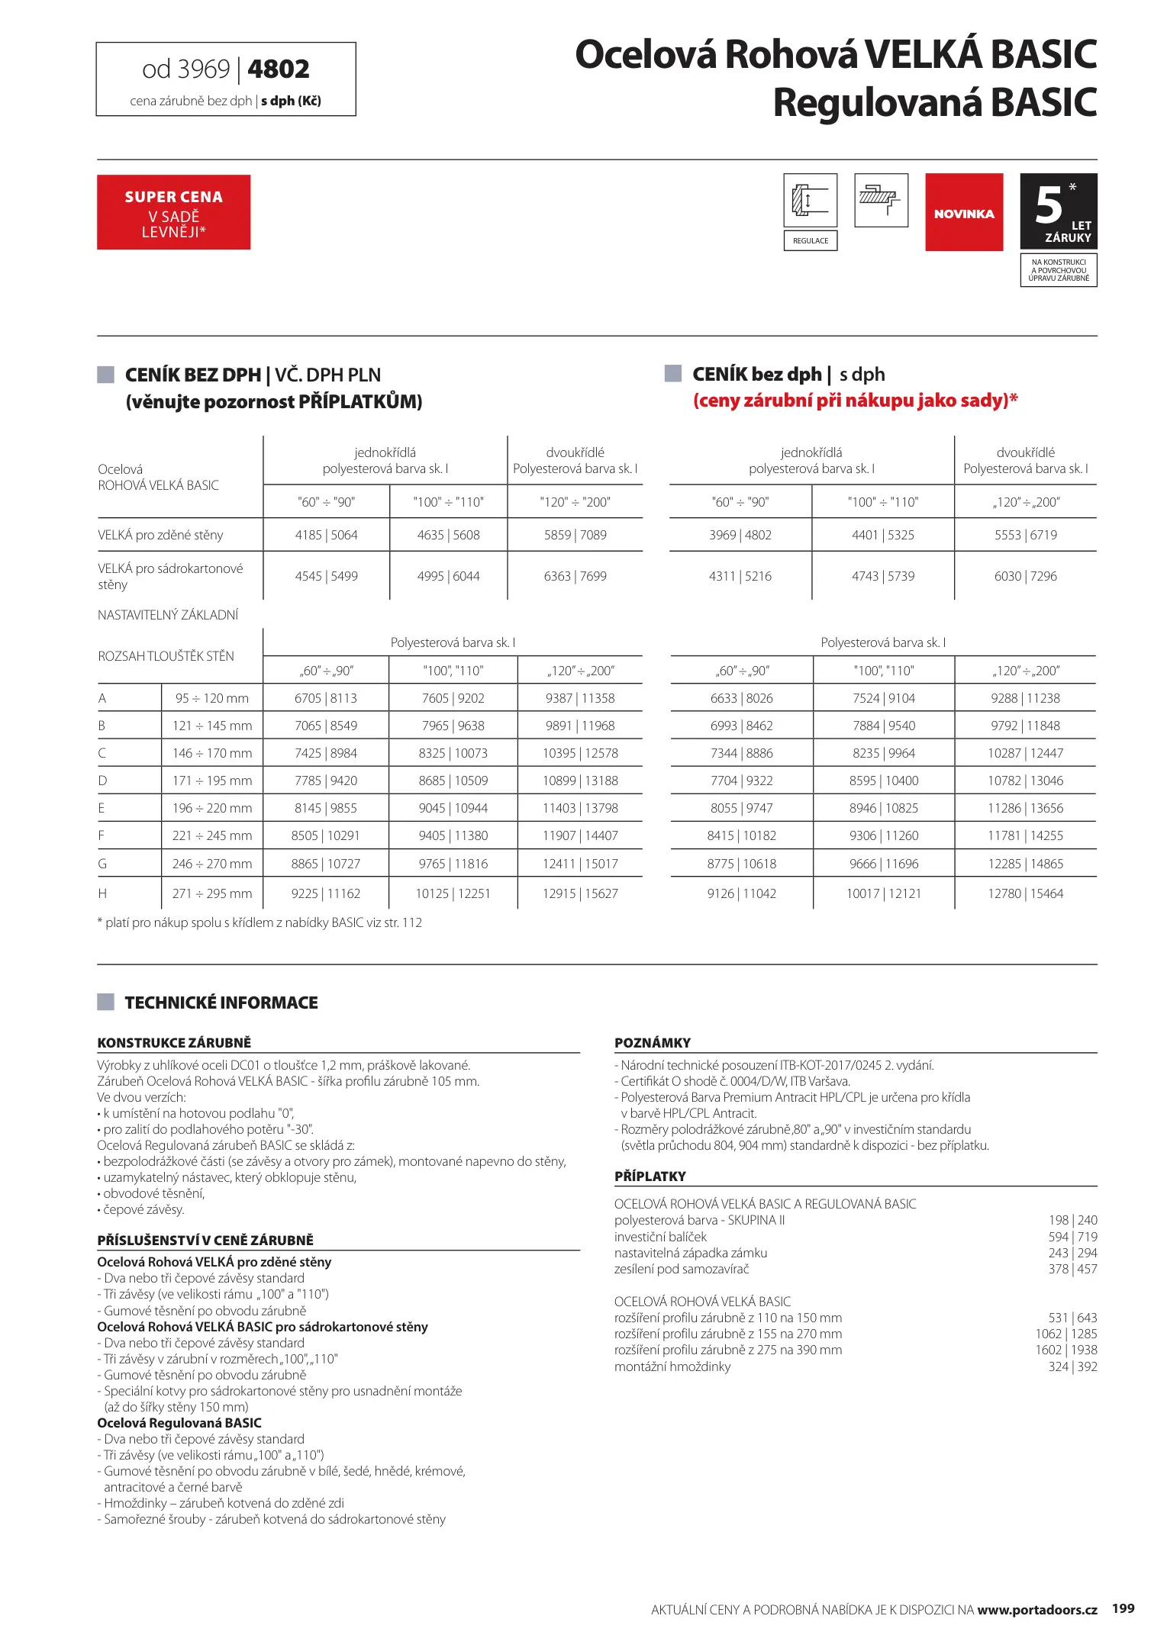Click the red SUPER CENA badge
tap(173, 212)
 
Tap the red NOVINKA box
tap(964, 212)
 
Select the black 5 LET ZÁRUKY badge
tap(1059, 211)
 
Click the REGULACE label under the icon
tap(810, 241)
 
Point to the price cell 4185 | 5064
tap(326, 535)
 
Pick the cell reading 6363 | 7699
tap(575, 576)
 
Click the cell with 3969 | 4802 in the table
tap(740, 535)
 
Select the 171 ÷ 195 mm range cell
tap(212, 781)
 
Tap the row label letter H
tap(102, 893)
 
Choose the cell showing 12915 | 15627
tap(580, 893)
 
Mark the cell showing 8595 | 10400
tap(884, 781)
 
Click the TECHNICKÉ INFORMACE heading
tap(221, 1003)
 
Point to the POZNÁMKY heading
tap(653, 1043)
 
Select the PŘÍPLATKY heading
tap(650, 1176)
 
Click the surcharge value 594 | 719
tap(1072, 1237)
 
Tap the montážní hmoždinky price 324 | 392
tap(1072, 1366)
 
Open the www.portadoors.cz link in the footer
tap(1036, 1610)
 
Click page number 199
tap(1123, 1608)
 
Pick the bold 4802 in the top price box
tap(279, 69)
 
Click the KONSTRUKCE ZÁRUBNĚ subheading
tap(174, 1043)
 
